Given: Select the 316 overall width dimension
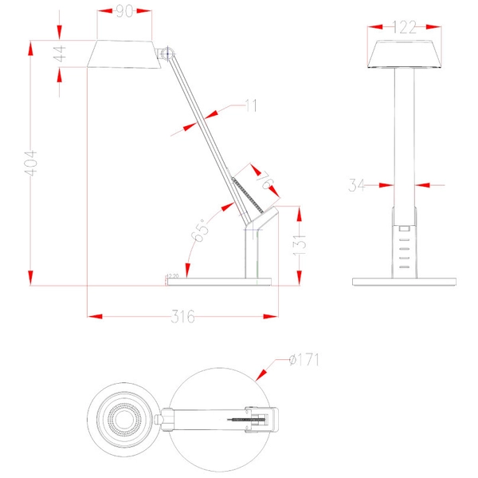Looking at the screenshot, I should click(182, 316).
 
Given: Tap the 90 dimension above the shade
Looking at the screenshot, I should click(123, 11).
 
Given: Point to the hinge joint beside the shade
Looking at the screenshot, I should click(167, 54).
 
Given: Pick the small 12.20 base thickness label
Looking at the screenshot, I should click(171, 277).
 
